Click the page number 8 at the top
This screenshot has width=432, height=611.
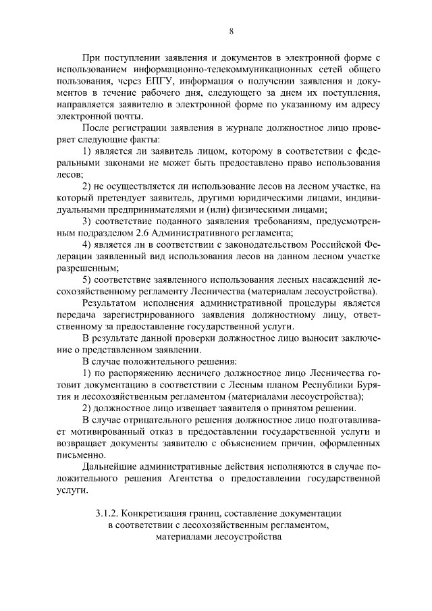[x=231, y=31]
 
